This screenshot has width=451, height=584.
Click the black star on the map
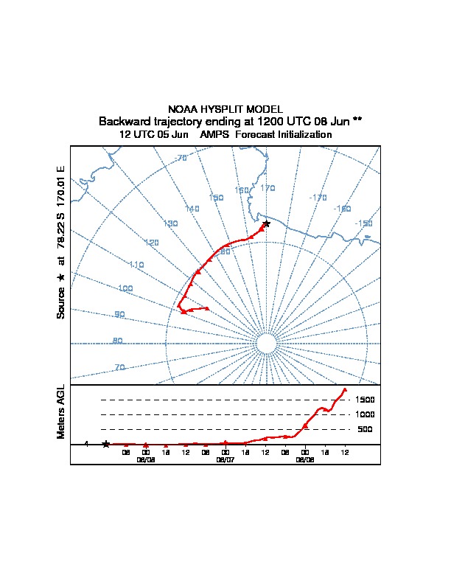[x=267, y=223]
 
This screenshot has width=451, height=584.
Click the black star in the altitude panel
[x=106, y=444]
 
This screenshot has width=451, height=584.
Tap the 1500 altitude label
[x=365, y=400]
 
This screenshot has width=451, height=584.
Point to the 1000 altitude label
[x=365, y=414]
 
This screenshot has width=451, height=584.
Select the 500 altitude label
[x=365, y=429]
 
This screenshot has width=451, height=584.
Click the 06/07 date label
[x=225, y=459]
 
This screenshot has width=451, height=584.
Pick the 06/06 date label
[x=146, y=459]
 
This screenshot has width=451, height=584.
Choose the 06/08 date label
[x=305, y=459]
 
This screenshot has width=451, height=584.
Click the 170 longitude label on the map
[x=268, y=188]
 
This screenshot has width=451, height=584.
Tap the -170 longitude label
[x=318, y=198]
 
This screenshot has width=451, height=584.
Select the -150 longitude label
[x=363, y=223]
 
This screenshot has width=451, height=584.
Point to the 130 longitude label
[x=171, y=223]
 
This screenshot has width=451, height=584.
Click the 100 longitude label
[x=125, y=288]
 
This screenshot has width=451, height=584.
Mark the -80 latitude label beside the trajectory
[x=224, y=252]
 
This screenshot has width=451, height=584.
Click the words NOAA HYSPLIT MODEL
[x=225, y=109]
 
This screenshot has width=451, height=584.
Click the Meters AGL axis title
[x=61, y=411]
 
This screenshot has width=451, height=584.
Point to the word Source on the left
[x=61, y=303]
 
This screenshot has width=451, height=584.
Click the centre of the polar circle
[x=266, y=344]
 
